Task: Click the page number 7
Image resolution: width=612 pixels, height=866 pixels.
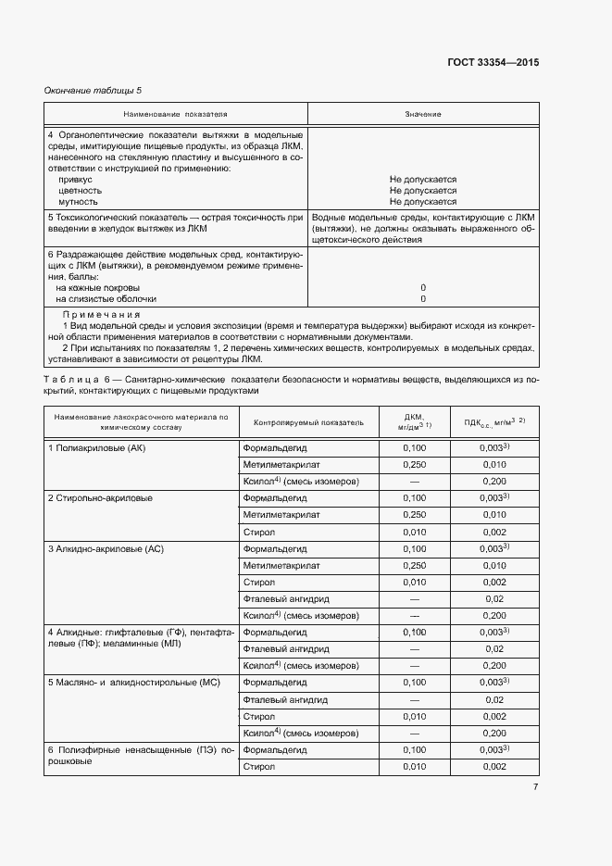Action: [535, 787]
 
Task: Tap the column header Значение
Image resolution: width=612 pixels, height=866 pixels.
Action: [422, 114]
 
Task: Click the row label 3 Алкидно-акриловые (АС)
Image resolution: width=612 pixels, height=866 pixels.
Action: [106, 548]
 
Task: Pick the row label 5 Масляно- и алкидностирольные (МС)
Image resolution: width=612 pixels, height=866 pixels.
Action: [121, 683]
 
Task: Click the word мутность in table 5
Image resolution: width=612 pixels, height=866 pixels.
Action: [78, 201]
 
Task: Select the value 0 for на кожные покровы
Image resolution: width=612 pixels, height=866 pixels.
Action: [423, 287]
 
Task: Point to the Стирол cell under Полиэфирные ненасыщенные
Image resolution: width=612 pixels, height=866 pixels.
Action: [259, 767]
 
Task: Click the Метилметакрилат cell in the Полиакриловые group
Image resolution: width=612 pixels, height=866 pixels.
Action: [281, 465]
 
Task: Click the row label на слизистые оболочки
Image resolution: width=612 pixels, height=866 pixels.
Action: [106, 298]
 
